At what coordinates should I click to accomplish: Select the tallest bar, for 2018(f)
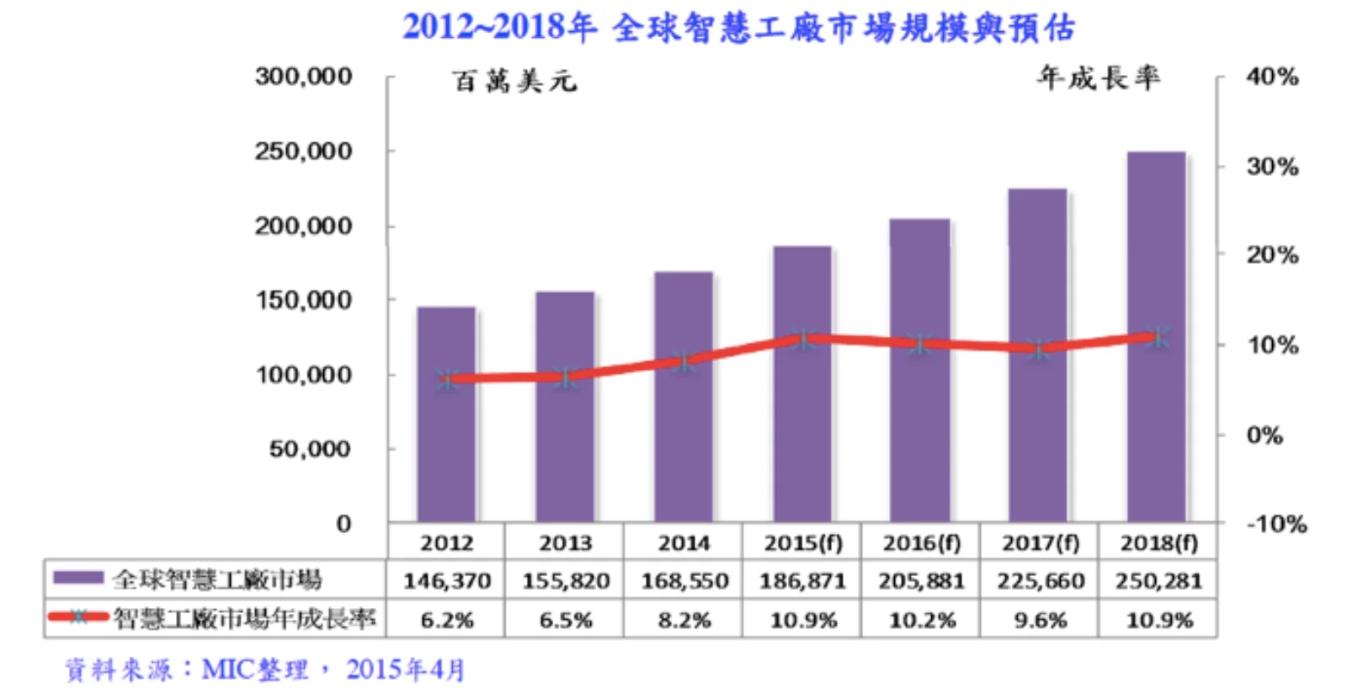pyautogui.click(x=1157, y=337)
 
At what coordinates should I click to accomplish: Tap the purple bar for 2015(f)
pyautogui.click(x=802, y=384)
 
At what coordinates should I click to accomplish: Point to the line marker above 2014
pyautogui.click(x=684, y=361)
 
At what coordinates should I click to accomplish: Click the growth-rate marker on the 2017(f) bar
pyautogui.click(x=1039, y=348)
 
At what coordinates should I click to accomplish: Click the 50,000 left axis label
pyautogui.click(x=310, y=449)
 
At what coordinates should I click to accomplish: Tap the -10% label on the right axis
pyautogui.click(x=1276, y=524)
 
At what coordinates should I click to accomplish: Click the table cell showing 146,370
pyautogui.click(x=447, y=581)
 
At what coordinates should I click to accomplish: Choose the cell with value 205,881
pyautogui.click(x=921, y=581)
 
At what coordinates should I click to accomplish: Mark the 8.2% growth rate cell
pyautogui.click(x=684, y=619)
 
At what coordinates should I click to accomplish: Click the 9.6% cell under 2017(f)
pyautogui.click(x=1040, y=619)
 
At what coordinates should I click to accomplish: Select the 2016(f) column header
pyautogui.click(x=921, y=543)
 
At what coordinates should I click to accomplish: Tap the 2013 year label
pyautogui.click(x=565, y=543)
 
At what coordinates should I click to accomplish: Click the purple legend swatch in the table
pyautogui.click(x=78, y=577)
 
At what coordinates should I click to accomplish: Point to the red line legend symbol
pyautogui.click(x=78, y=617)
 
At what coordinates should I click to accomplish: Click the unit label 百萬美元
pyautogui.click(x=514, y=81)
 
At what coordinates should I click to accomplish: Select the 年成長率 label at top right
pyautogui.click(x=1099, y=78)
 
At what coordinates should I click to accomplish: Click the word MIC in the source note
pyautogui.click(x=226, y=670)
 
